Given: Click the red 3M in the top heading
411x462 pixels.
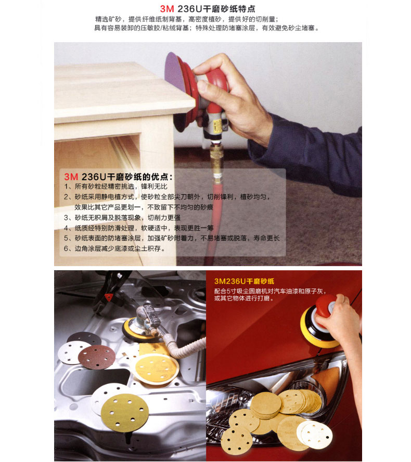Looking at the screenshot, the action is click(x=167, y=9).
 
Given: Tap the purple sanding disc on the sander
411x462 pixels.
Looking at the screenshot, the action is click(x=174, y=73).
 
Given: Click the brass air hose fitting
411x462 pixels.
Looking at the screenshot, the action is click(x=217, y=159).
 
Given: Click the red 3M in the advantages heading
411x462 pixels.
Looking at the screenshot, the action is click(x=71, y=177).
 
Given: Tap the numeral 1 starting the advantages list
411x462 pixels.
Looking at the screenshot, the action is click(x=66, y=186).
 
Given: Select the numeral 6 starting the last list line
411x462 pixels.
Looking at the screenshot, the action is click(x=66, y=248).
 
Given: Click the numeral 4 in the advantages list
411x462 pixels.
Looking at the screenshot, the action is click(x=66, y=228).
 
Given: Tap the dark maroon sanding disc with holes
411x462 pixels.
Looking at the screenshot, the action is click(x=96, y=357).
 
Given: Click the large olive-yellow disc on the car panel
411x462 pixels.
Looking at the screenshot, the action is click(x=124, y=413).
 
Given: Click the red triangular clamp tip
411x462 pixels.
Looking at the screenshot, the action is click(x=109, y=297).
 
